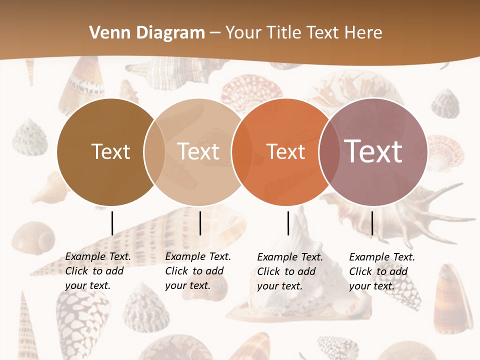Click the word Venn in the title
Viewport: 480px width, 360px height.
[x=110, y=33]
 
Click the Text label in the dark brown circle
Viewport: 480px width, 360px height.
[x=110, y=151]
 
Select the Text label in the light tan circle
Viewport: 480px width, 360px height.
[x=198, y=151]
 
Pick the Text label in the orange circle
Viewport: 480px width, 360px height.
[x=285, y=152]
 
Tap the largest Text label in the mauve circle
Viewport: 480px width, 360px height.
[x=373, y=151]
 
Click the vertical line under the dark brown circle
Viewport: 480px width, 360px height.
[x=112, y=223]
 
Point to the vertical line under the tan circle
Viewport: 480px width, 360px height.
[x=200, y=223]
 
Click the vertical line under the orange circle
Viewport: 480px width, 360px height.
[x=288, y=223]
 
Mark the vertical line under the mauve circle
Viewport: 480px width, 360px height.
[x=372, y=223]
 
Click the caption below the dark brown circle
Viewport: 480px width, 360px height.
[x=97, y=271]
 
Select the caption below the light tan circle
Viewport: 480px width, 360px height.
[x=197, y=271]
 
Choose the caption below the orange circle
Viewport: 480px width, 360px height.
[x=289, y=271]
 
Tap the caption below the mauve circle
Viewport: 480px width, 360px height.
[x=381, y=271]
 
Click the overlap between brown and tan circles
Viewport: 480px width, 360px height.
[x=154, y=152]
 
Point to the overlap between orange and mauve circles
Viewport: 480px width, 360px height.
[x=329, y=152]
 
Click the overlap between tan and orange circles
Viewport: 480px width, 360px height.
[x=242, y=152]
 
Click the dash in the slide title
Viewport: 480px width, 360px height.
[x=215, y=33]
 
